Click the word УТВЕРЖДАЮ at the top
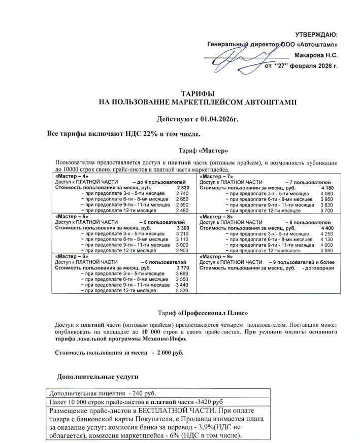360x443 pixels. (316, 35)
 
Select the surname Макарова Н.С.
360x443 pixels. (315, 55)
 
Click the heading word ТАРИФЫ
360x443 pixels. (198, 94)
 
